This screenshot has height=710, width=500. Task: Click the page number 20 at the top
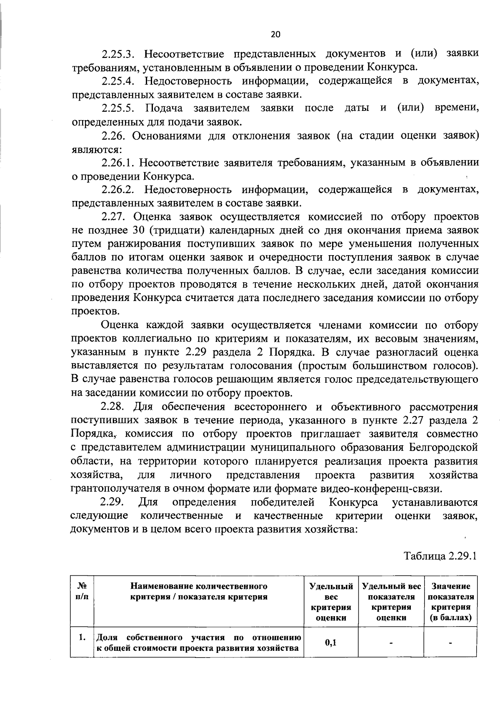pyautogui.click(x=275, y=35)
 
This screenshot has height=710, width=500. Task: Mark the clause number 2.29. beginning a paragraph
pyautogui.click(x=114, y=502)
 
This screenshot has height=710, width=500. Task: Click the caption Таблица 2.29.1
pyautogui.click(x=440, y=556)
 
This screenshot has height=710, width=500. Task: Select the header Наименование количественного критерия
pyautogui.click(x=199, y=591)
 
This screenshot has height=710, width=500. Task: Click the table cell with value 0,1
pyautogui.click(x=331, y=642)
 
